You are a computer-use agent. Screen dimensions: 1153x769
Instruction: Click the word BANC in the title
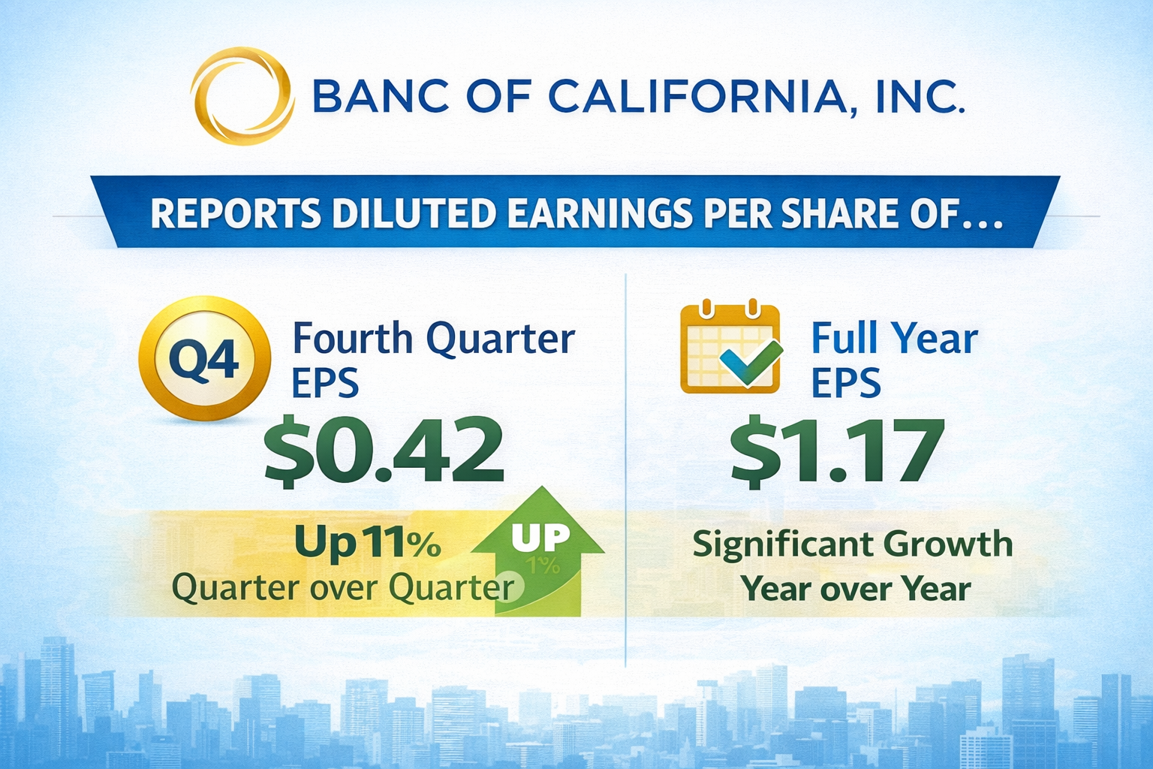point(381,96)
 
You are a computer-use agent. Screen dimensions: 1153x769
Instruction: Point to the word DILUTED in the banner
point(414,213)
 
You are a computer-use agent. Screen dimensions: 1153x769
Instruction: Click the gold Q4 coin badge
point(204,358)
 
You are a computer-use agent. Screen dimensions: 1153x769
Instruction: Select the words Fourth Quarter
point(434,339)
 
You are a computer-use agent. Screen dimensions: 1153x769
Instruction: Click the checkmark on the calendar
point(751,363)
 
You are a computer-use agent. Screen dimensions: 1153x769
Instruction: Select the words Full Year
point(895,339)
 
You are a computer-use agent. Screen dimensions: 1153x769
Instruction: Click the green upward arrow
point(538,550)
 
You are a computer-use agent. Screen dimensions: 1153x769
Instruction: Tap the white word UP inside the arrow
point(541,538)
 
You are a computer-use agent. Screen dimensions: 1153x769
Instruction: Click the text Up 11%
point(368,543)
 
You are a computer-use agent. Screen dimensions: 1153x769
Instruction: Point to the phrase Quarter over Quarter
point(343,587)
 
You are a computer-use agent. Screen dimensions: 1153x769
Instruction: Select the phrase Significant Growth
point(853,544)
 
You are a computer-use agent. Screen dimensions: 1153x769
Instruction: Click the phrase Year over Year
point(856,588)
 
